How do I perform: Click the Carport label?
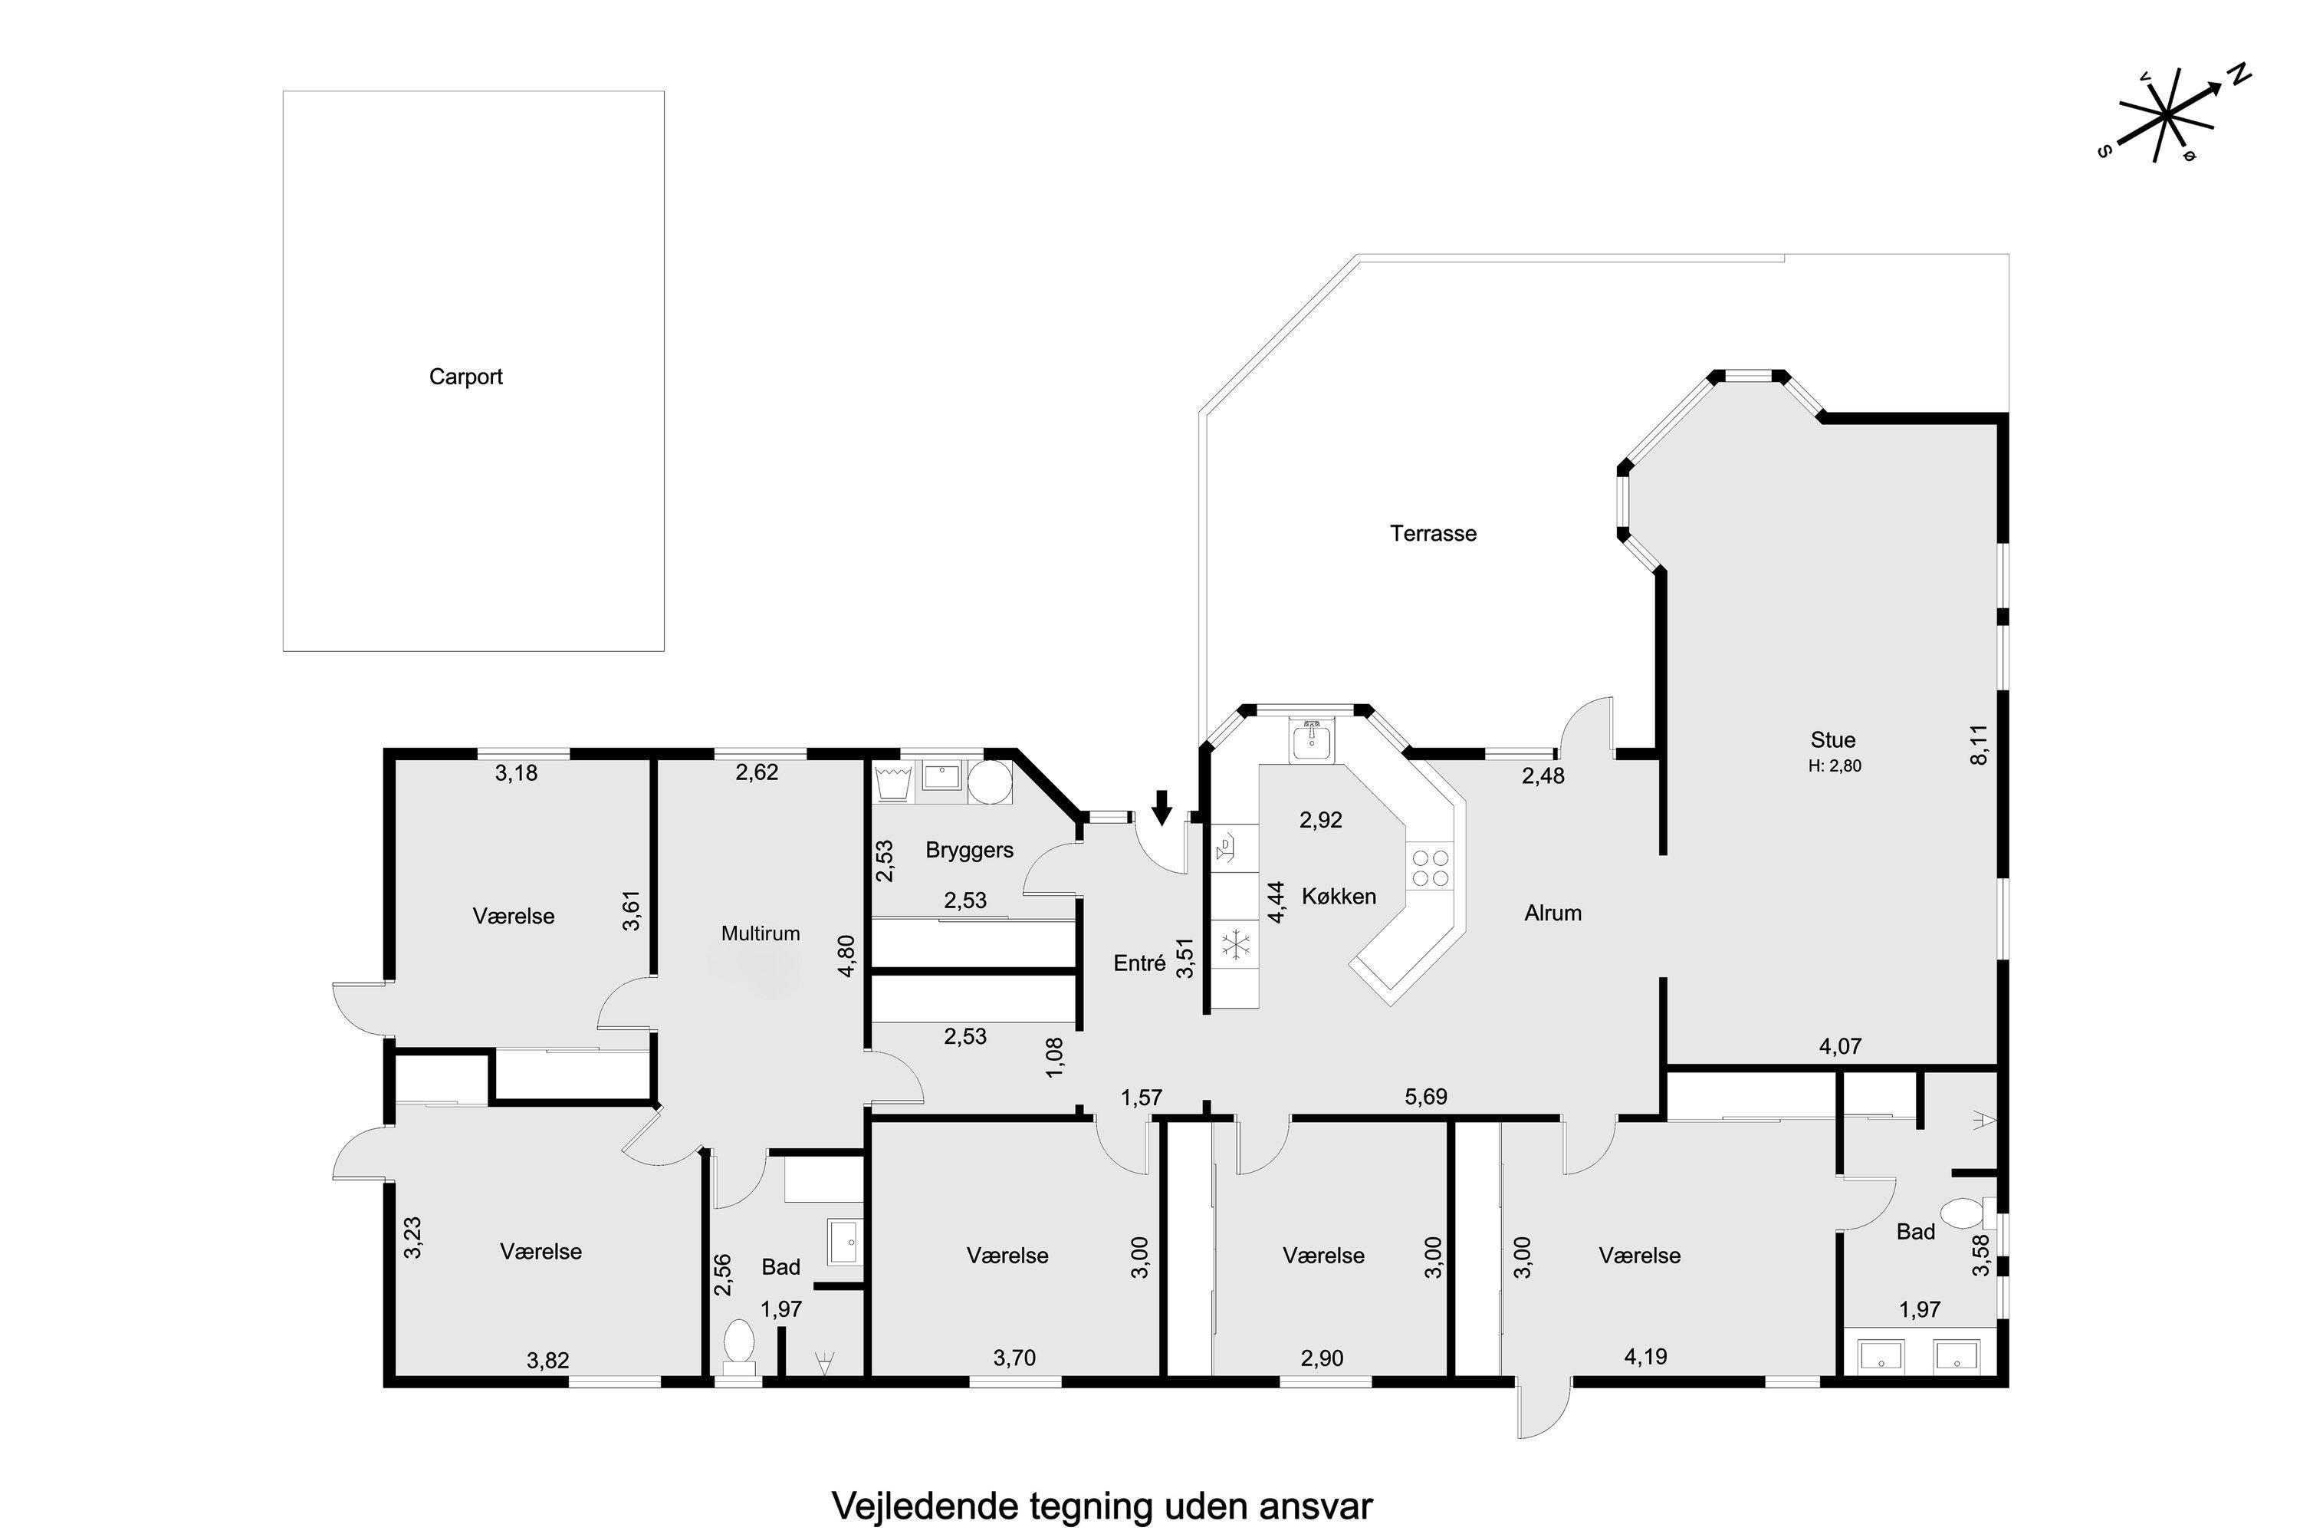465,377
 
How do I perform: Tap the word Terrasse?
1433,533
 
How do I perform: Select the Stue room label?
1832,739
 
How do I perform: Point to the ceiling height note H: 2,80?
1835,766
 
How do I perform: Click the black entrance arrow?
1161,807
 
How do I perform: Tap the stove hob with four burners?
1430,867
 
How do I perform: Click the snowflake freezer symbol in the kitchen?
1236,946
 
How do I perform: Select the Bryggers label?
969,850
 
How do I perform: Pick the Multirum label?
760,933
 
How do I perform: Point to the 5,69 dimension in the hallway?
1426,1097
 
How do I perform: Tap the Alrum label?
1553,913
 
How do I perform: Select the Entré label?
1139,963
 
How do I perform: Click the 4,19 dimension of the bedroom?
1646,1357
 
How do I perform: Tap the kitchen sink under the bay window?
1311,741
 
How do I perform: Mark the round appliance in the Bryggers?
990,782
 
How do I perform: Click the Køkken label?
1339,896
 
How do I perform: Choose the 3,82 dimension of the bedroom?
547,1361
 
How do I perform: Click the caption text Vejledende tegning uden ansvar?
1102,1506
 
